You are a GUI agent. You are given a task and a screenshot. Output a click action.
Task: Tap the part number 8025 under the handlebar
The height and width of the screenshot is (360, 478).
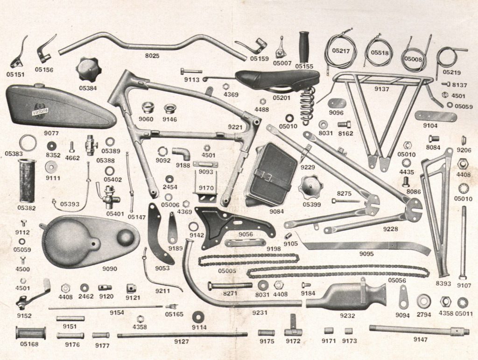tap(152, 56)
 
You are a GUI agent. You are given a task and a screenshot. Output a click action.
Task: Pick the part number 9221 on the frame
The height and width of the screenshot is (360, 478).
tap(236, 127)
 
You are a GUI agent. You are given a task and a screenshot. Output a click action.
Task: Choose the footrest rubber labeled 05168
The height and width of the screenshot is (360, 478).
tap(31, 333)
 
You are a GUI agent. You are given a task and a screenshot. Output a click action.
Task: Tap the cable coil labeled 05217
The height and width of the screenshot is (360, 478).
tap(341, 51)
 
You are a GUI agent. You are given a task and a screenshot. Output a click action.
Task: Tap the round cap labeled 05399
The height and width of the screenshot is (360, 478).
tap(310, 186)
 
